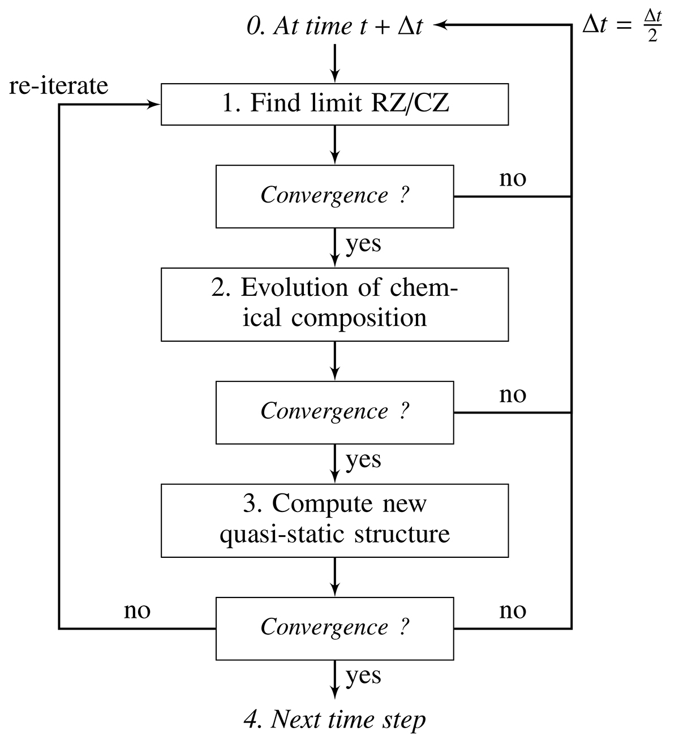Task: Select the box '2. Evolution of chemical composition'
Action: [334, 304]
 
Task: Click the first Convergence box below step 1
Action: [334, 196]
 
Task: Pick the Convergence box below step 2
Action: [334, 412]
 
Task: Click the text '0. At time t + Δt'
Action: [334, 27]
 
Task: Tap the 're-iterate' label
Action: [58, 85]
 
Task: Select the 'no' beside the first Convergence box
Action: [513, 179]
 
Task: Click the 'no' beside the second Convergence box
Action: [513, 395]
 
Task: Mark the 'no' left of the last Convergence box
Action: [137, 611]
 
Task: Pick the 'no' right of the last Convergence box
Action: [513, 611]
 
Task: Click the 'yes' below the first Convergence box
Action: [363, 244]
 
